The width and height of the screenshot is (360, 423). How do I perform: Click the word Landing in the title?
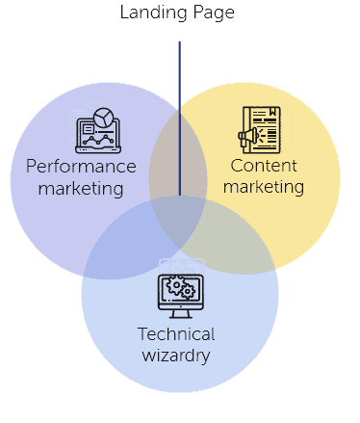150,13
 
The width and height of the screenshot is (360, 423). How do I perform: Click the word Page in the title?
213,13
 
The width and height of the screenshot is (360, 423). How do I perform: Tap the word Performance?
81,166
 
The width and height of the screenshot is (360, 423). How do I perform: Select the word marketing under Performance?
81,188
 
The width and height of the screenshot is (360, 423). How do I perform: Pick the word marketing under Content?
267,186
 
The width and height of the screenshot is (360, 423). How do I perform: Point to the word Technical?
176,334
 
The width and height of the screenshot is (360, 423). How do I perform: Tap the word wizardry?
176,356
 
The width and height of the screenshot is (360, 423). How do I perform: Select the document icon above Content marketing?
269,129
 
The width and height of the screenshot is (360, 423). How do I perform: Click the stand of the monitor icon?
180,313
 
